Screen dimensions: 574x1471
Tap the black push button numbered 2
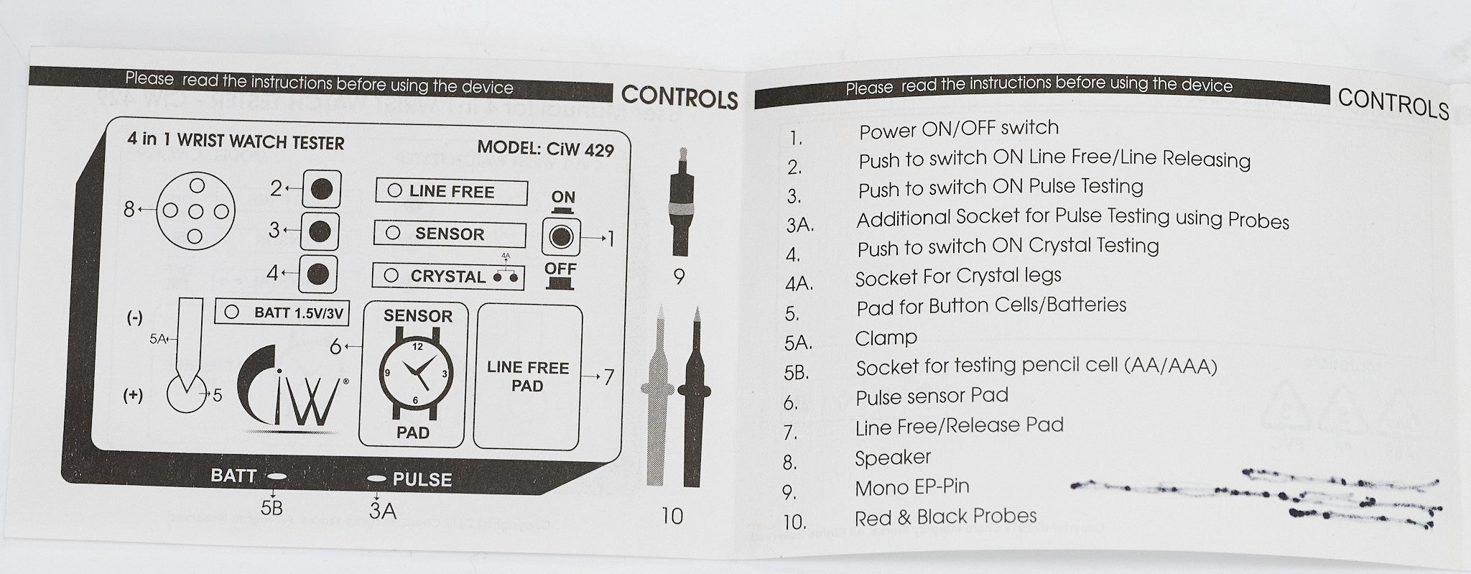click(320, 189)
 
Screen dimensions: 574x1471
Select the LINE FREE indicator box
click(451, 192)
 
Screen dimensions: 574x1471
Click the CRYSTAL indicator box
click(447, 276)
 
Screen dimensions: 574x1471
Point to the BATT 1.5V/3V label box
click(286, 313)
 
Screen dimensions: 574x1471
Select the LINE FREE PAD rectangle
click(527, 376)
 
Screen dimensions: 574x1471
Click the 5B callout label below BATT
click(272, 508)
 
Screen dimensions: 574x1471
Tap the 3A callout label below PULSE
click(382, 510)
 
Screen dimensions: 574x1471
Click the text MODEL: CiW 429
click(545, 149)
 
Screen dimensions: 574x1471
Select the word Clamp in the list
click(886, 337)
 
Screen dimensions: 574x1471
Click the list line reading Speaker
click(892, 458)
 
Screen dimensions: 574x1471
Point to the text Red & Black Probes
click(945, 517)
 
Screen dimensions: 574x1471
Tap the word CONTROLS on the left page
click(679, 97)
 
